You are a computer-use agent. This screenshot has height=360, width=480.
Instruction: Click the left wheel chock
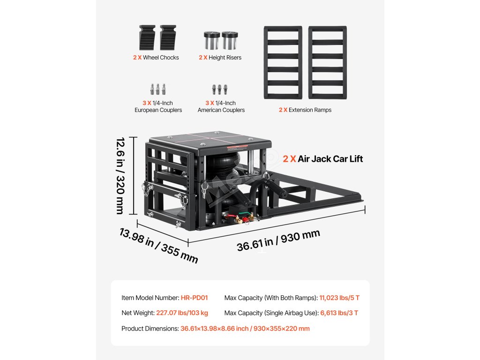pyautogui.click(x=147, y=37)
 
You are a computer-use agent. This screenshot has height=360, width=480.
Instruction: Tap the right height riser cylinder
pyautogui.click(x=230, y=40)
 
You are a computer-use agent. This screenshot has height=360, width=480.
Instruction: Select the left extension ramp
pyautogui.click(x=282, y=62)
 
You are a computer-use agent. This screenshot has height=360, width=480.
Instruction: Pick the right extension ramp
pyautogui.click(x=327, y=62)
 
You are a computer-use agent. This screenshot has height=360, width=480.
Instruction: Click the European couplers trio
pyautogui.click(x=158, y=89)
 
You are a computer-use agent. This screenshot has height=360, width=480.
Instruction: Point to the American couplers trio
pyautogui.click(x=220, y=89)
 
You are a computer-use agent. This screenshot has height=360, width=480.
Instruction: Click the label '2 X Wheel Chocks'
pyautogui.click(x=156, y=58)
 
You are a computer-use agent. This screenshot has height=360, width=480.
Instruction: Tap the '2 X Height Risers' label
pyautogui.click(x=220, y=58)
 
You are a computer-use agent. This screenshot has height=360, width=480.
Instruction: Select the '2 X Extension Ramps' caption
pyautogui.click(x=305, y=110)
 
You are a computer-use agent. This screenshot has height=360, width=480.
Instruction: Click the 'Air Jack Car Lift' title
pyautogui.click(x=323, y=159)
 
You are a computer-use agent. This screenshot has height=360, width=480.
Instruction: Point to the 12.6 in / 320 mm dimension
pyautogui.click(x=121, y=176)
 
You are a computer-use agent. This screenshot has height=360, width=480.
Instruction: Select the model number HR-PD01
pyautogui.click(x=194, y=298)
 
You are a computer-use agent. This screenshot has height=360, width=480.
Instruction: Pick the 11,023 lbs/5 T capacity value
pyautogui.click(x=339, y=298)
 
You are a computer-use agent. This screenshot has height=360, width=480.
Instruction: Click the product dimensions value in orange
pyautogui.click(x=245, y=329)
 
